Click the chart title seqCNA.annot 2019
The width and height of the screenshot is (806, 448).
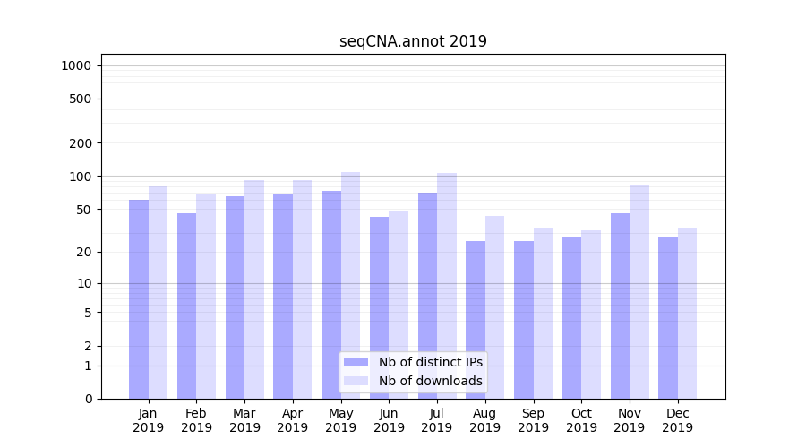[x=413, y=41]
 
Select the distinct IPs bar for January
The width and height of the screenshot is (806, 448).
[x=139, y=299]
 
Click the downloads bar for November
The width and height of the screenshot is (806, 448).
[x=639, y=291]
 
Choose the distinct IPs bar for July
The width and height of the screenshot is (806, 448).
[x=427, y=296]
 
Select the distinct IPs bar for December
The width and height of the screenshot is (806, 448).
[x=668, y=317]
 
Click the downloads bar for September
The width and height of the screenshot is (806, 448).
[x=543, y=314]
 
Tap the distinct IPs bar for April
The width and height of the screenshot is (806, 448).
[x=283, y=297]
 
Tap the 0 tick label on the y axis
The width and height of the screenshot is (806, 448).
[x=88, y=399]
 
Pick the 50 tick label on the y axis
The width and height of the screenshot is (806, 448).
[x=84, y=210]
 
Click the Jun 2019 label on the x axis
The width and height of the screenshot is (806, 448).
[x=389, y=420]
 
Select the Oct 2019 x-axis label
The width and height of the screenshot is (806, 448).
[x=581, y=420]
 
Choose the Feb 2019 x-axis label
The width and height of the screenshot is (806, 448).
[x=196, y=420]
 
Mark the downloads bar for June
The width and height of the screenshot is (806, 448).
[x=399, y=305]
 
